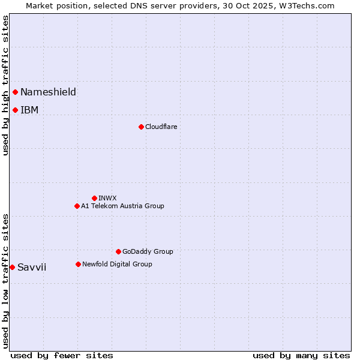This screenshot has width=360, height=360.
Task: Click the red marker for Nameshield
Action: click(15, 92)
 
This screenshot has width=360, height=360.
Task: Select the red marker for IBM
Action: click(15, 110)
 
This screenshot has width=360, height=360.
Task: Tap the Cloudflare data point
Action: click(141, 127)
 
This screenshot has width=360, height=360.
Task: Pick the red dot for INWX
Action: click(94, 198)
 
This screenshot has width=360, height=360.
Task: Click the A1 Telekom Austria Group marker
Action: click(77, 206)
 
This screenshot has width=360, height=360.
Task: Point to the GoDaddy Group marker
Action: click(118, 251)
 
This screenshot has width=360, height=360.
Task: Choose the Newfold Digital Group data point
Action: click(78, 264)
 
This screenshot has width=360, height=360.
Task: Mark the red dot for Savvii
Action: click(12, 267)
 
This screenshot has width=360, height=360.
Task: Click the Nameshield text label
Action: click(48, 92)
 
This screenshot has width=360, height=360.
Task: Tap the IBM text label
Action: click(29, 110)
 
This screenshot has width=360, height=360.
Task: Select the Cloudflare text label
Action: click(161, 127)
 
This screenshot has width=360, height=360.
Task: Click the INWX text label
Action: click(107, 198)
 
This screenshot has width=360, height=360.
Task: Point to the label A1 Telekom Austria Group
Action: click(122, 206)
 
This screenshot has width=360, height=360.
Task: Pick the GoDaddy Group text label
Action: click(148, 251)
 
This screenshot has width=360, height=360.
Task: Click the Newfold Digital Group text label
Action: click(117, 264)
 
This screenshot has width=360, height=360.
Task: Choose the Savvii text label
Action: click(32, 267)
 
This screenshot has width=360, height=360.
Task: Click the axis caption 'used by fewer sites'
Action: click(62, 355)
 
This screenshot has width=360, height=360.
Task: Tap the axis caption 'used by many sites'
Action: click(301, 355)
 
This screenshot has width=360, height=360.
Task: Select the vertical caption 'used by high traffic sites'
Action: click(5, 85)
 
